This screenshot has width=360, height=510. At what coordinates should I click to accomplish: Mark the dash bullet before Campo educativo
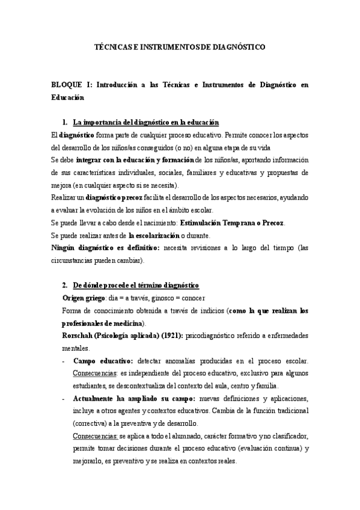[x=64, y=361]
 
